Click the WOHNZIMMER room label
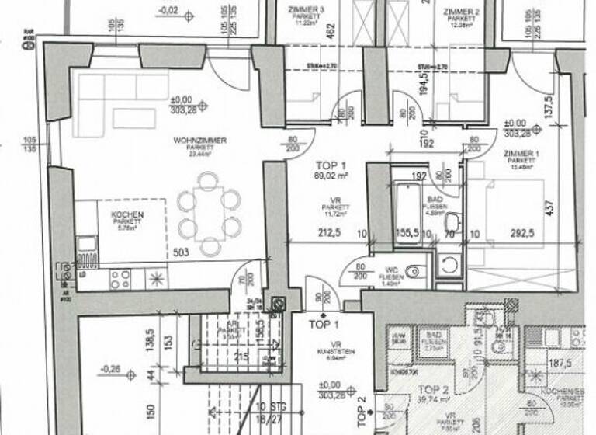click(x=200, y=141)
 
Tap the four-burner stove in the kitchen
click(x=120, y=279)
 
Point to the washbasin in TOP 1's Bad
click(x=453, y=223)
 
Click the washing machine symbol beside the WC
click(x=448, y=264)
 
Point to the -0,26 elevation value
click(x=113, y=371)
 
